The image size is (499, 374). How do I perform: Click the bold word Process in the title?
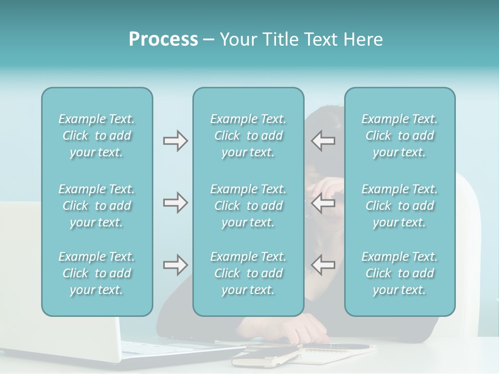click(x=163, y=39)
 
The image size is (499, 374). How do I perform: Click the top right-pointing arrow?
click(x=175, y=141)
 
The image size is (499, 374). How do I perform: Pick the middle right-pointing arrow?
click(x=175, y=203)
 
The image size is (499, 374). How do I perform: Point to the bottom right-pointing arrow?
click(x=175, y=265)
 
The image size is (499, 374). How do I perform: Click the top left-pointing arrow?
click(x=323, y=141)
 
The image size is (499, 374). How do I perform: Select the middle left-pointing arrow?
click(x=323, y=203)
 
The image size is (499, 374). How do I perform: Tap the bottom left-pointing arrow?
click(x=323, y=265)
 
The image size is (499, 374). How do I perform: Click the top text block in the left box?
click(x=97, y=136)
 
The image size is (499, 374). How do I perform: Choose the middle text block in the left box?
click(x=97, y=206)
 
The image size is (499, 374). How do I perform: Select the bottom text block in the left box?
click(x=97, y=273)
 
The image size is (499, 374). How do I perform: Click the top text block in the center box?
click(x=248, y=136)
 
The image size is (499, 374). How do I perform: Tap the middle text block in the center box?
click(x=248, y=206)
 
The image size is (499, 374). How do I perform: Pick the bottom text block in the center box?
click(x=248, y=273)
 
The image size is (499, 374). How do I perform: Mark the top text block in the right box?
click(x=399, y=136)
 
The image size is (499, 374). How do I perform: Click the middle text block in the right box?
click(x=399, y=206)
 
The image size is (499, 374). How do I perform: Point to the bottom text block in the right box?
click(x=399, y=273)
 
